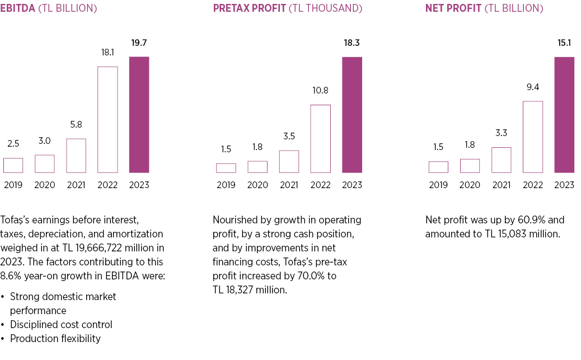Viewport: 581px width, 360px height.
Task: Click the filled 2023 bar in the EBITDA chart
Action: (x=139, y=115)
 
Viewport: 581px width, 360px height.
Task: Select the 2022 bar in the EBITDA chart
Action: (x=107, y=119)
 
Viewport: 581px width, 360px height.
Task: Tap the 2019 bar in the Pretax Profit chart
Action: (x=226, y=168)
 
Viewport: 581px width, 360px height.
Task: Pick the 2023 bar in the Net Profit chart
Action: (x=564, y=115)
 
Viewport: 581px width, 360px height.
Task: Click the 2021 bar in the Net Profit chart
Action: (x=502, y=160)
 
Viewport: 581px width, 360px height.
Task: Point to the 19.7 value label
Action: (x=139, y=43)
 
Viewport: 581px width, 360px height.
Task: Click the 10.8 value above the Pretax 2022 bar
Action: (x=320, y=90)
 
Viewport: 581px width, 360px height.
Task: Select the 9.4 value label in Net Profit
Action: (x=533, y=87)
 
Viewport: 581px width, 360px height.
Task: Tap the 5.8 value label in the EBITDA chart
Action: (x=76, y=124)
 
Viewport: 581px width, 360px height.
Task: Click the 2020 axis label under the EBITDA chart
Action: (x=45, y=185)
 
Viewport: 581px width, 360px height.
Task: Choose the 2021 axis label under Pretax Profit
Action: (x=289, y=185)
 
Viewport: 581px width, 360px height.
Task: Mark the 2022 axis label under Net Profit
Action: (x=533, y=185)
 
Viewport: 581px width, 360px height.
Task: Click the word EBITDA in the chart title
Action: (x=18, y=8)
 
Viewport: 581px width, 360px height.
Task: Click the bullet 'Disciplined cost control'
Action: (x=61, y=325)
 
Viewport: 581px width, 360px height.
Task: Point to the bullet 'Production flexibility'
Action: (x=55, y=339)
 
